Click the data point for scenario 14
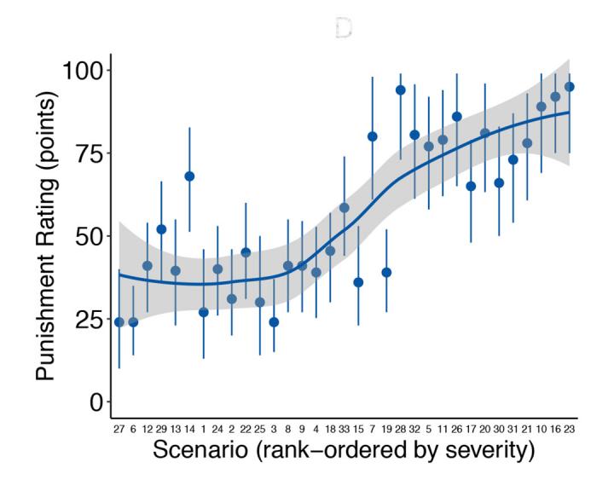(x=189, y=176)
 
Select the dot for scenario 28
(x=400, y=90)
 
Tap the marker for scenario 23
(x=570, y=86)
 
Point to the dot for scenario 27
(x=119, y=322)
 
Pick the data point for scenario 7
(x=373, y=136)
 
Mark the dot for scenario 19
(x=386, y=272)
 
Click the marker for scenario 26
(x=457, y=116)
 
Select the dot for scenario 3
(x=274, y=322)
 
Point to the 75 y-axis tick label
(x=84, y=153)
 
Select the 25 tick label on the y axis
(x=84, y=320)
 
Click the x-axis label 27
(x=119, y=429)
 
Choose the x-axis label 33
(x=344, y=429)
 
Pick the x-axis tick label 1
(x=203, y=429)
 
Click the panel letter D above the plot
(x=343, y=28)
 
